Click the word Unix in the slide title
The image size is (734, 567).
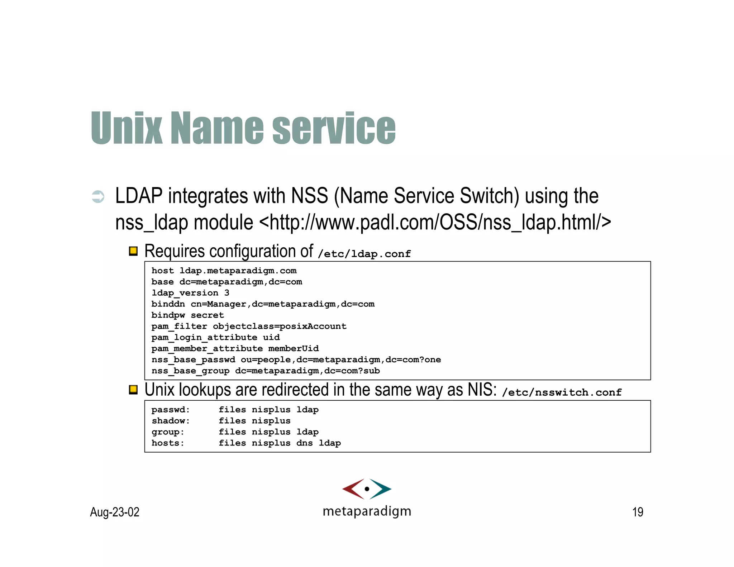tap(127, 128)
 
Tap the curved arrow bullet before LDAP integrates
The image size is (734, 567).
tap(98, 196)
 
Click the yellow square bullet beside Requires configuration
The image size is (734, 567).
tap(133, 251)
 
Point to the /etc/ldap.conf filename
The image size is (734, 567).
tap(364, 254)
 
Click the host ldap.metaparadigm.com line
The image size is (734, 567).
tap(224, 271)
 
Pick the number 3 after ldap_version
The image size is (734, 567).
tap(227, 293)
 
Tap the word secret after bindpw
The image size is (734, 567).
tap(207, 315)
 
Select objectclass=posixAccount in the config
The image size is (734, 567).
tap(280, 326)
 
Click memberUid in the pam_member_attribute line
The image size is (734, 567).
tap(293, 348)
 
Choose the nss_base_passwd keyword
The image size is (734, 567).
tap(193, 360)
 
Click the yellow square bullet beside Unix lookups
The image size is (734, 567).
tap(133, 390)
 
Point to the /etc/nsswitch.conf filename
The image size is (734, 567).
tap(562, 392)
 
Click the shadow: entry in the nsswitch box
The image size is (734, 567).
tap(171, 421)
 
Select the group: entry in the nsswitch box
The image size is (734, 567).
tap(168, 432)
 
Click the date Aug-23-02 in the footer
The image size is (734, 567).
tap(115, 512)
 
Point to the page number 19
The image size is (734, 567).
tap(638, 512)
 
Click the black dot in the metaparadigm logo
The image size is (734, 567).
tap(367, 489)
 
